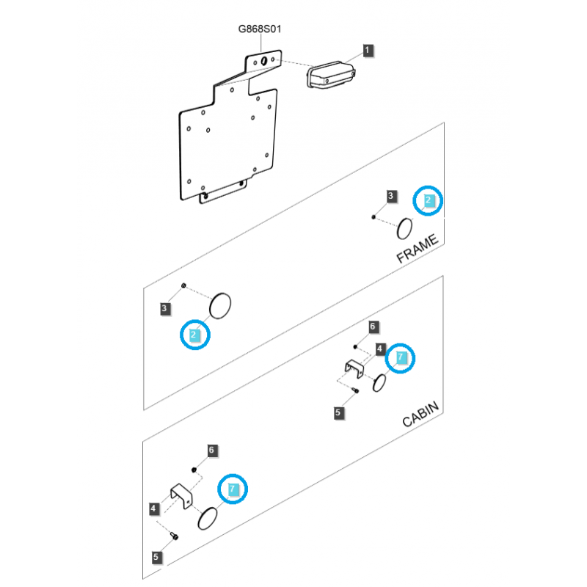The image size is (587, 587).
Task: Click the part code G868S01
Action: (x=260, y=29)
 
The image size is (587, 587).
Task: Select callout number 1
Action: (x=368, y=50)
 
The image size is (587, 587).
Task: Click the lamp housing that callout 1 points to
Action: (x=331, y=75)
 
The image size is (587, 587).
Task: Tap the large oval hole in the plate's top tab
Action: (x=264, y=61)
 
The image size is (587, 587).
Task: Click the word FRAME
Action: (x=417, y=248)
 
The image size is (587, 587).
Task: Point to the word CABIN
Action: (x=420, y=414)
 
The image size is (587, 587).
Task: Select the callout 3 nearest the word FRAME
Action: (x=391, y=196)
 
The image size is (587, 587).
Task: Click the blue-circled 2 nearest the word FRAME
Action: (x=429, y=200)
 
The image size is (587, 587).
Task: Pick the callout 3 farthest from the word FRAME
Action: (x=164, y=309)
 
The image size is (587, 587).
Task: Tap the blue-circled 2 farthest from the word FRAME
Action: (x=194, y=335)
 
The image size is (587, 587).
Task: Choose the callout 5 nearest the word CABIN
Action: (x=338, y=413)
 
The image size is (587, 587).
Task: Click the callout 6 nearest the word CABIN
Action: (x=373, y=327)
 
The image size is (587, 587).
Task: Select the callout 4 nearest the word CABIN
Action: (x=380, y=349)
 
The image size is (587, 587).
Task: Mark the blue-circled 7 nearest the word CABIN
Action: (x=401, y=357)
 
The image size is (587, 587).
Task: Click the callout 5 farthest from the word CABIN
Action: (x=156, y=557)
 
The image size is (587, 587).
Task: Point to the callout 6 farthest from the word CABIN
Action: (x=211, y=450)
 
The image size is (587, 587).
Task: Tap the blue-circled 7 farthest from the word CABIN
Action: (x=233, y=489)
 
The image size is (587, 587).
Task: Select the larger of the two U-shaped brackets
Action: (x=182, y=496)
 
